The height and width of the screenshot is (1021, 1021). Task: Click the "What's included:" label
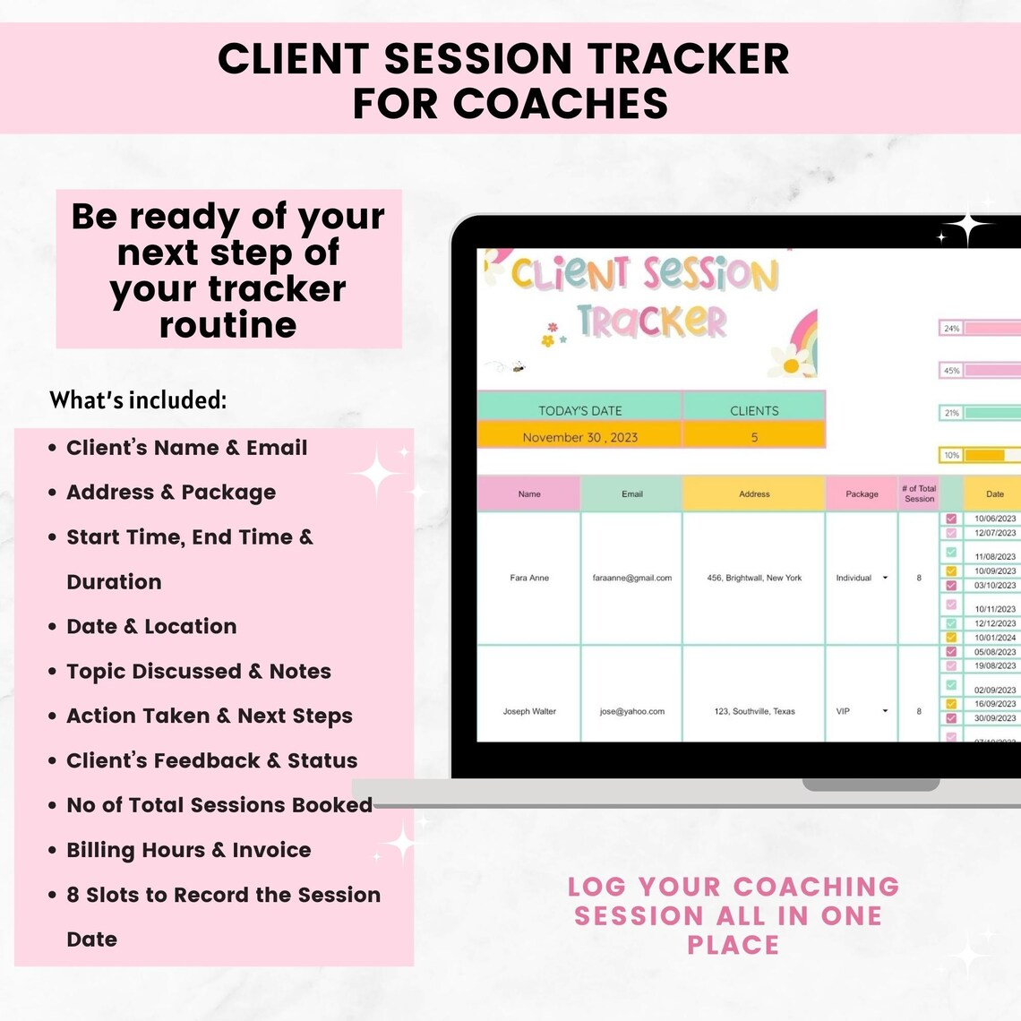(138, 400)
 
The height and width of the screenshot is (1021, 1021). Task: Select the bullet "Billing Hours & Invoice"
(188, 850)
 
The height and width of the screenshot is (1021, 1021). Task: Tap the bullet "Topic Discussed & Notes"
(198, 671)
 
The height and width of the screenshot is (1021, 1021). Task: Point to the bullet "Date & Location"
(151, 626)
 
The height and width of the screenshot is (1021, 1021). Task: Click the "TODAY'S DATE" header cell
(579, 410)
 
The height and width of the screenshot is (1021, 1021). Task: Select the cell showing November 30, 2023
(579, 437)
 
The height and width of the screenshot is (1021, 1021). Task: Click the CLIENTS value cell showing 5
(754, 437)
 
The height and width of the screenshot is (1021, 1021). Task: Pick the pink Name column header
(528, 493)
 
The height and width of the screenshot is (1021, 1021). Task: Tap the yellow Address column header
(754, 493)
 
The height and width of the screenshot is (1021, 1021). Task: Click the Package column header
(862, 493)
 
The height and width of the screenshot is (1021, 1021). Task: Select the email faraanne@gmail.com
(631, 578)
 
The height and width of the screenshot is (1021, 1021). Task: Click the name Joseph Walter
(529, 711)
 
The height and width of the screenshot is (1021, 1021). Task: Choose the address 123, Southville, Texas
(754, 711)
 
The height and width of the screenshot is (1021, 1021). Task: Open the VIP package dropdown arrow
(885, 711)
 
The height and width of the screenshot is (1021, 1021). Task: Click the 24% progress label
(951, 329)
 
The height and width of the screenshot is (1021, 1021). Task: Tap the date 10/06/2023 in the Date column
(994, 519)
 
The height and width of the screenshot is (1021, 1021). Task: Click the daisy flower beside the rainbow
(790, 364)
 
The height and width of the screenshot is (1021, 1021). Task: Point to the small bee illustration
(518, 367)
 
